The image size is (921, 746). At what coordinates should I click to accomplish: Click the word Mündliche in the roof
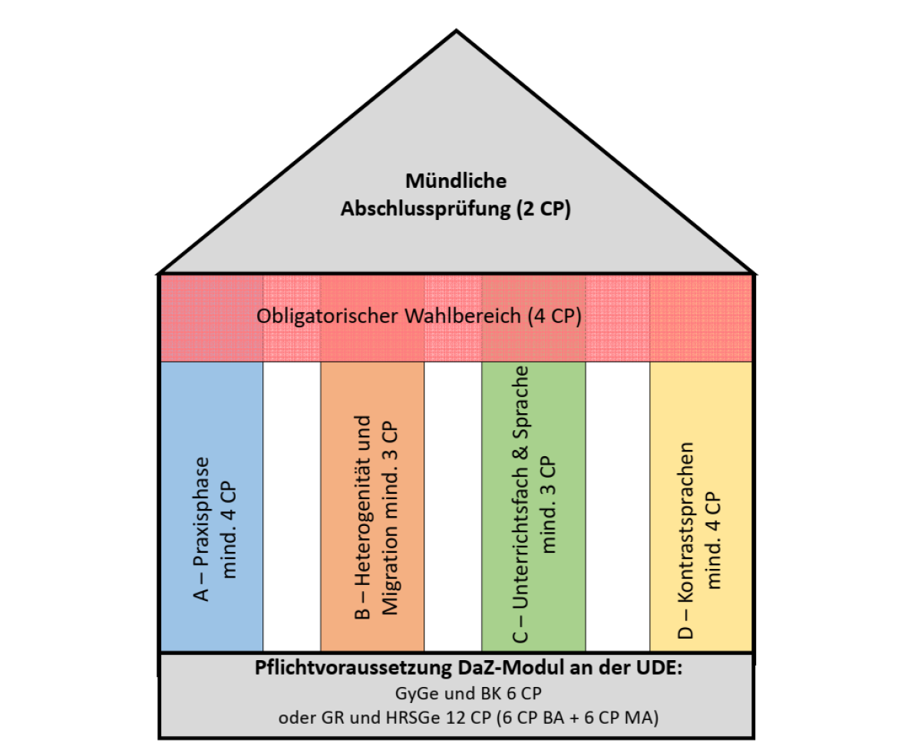point(457,182)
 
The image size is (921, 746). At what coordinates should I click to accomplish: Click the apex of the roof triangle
point(457,31)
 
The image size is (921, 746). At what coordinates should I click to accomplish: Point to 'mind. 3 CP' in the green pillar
point(550,504)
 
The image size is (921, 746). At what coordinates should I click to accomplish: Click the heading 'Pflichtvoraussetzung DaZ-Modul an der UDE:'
point(457,667)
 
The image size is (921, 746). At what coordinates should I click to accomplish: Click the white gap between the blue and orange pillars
point(292,506)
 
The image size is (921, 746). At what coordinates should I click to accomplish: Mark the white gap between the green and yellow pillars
point(618,506)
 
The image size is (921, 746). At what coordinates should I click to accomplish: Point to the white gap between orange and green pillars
point(453,506)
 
